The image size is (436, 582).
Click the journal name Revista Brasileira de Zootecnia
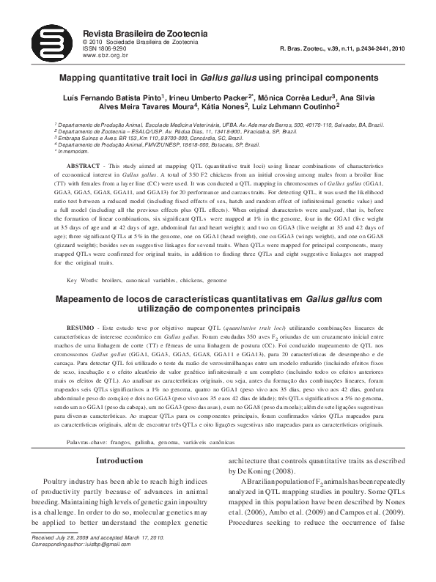click(x=146, y=34)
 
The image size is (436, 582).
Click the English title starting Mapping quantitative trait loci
click(x=218, y=77)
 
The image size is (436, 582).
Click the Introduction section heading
click(x=121, y=460)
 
